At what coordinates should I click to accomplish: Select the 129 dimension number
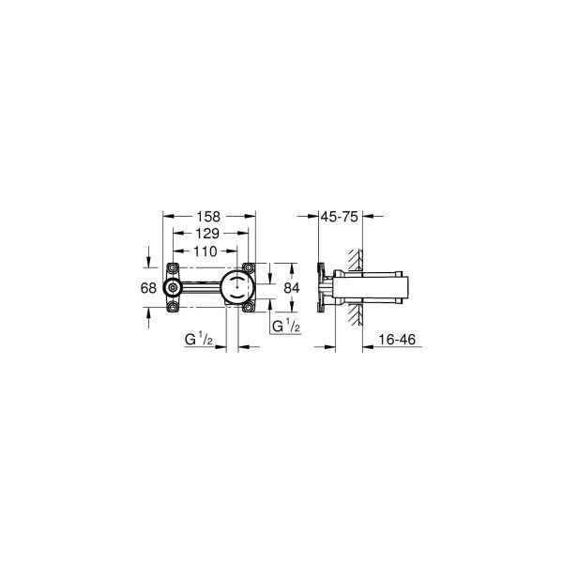point(208,234)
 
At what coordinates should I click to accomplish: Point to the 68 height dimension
point(148,288)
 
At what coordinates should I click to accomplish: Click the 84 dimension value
point(291,288)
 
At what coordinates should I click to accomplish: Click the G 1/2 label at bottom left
point(200,335)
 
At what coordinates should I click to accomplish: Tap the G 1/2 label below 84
point(285,326)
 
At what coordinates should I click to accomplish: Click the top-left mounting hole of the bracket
point(173,270)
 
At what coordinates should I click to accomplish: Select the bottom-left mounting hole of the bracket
point(173,306)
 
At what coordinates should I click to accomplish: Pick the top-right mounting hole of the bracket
point(248,270)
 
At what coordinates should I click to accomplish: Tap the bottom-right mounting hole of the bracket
point(248,306)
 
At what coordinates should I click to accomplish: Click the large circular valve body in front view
point(237,288)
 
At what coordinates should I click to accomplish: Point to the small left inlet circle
point(173,288)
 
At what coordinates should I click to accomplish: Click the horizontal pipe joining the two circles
point(200,288)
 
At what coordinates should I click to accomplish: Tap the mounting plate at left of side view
point(322,287)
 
